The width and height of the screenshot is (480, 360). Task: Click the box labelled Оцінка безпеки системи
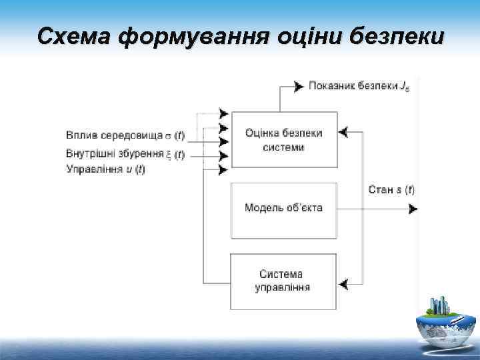pos(283,139)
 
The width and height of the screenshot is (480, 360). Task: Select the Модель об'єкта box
pos(283,209)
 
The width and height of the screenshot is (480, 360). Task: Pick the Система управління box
pos(283,281)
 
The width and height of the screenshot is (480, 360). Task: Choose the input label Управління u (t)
pos(105,169)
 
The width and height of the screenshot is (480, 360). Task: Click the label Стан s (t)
pos(391,189)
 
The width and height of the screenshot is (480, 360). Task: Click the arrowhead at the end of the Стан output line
pos(413,209)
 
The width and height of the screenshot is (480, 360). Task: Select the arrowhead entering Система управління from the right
pos(343,285)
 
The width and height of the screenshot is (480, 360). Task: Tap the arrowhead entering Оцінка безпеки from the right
pos(343,133)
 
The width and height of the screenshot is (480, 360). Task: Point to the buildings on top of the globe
pos(441,306)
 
